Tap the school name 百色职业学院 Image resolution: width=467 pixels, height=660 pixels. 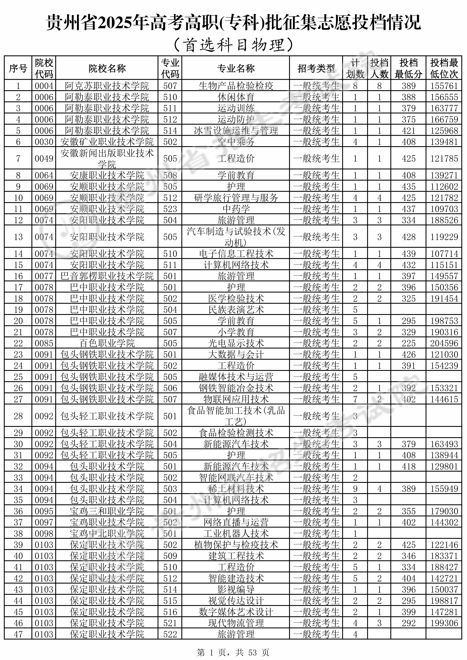[x=107, y=343]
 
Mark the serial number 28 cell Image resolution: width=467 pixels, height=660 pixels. [x=18, y=416]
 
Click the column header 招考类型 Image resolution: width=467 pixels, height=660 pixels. [x=316, y=68]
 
